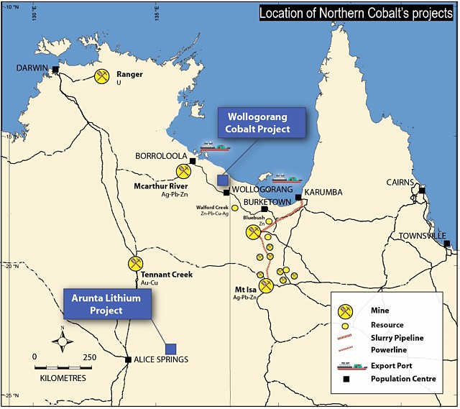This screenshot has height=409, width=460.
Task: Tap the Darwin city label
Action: coord(32,68)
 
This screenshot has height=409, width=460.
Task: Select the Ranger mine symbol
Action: coord(103,75)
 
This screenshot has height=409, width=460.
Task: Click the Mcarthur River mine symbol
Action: coord(184,171)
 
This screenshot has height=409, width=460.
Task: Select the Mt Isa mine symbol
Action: coord(266,286)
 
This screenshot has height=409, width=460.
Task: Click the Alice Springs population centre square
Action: coord(128,359)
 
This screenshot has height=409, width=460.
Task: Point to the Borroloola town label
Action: coord(162,155)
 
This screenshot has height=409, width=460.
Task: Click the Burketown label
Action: coord(267,203)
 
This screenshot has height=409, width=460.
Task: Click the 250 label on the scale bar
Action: coord(89,357)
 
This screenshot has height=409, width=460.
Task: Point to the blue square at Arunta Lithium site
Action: coord(171,349)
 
